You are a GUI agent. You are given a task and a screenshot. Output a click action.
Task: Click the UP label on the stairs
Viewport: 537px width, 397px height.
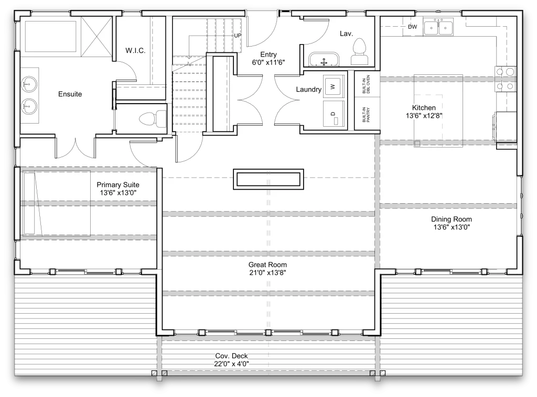pyautogui.click(x=238, y=36)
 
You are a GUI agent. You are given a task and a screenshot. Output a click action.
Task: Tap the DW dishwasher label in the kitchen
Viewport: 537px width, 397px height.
pyautogui.click(x=412, y=27)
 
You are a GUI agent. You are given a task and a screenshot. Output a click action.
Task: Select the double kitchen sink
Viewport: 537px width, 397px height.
pyautogui.click(x=438, y=27)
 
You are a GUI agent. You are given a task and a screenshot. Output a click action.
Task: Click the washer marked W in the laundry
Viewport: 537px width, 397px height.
pyautogui.click(x=332, y=85)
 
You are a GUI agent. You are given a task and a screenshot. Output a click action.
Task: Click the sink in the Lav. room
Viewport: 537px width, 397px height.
pyautogui.click(x=323, y=59)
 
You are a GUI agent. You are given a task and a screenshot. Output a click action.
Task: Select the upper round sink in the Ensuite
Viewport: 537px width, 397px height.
pyautogui.click(x=28, y=84)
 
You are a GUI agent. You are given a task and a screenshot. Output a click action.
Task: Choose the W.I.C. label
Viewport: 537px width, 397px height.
pyautogui.click(x=135, y=50)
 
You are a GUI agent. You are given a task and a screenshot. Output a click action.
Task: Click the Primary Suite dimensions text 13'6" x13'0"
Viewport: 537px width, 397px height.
pyautogui.click(x=118, y=193)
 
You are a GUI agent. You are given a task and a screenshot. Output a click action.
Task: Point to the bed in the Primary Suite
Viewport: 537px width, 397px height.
pyautogui.click(x=55, y=203)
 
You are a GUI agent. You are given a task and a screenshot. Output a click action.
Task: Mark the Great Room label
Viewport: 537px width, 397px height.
pyautogui.click(x=267, y=264)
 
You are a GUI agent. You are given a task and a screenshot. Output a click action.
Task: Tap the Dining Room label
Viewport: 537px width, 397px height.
pyautogui.click(x=451, y=219)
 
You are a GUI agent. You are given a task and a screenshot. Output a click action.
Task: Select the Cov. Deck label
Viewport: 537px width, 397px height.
pyautogui.click(x=231, y=356)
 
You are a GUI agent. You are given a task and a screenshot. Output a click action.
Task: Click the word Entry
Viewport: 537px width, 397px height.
pyautogui.click(x=268, y=54)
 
